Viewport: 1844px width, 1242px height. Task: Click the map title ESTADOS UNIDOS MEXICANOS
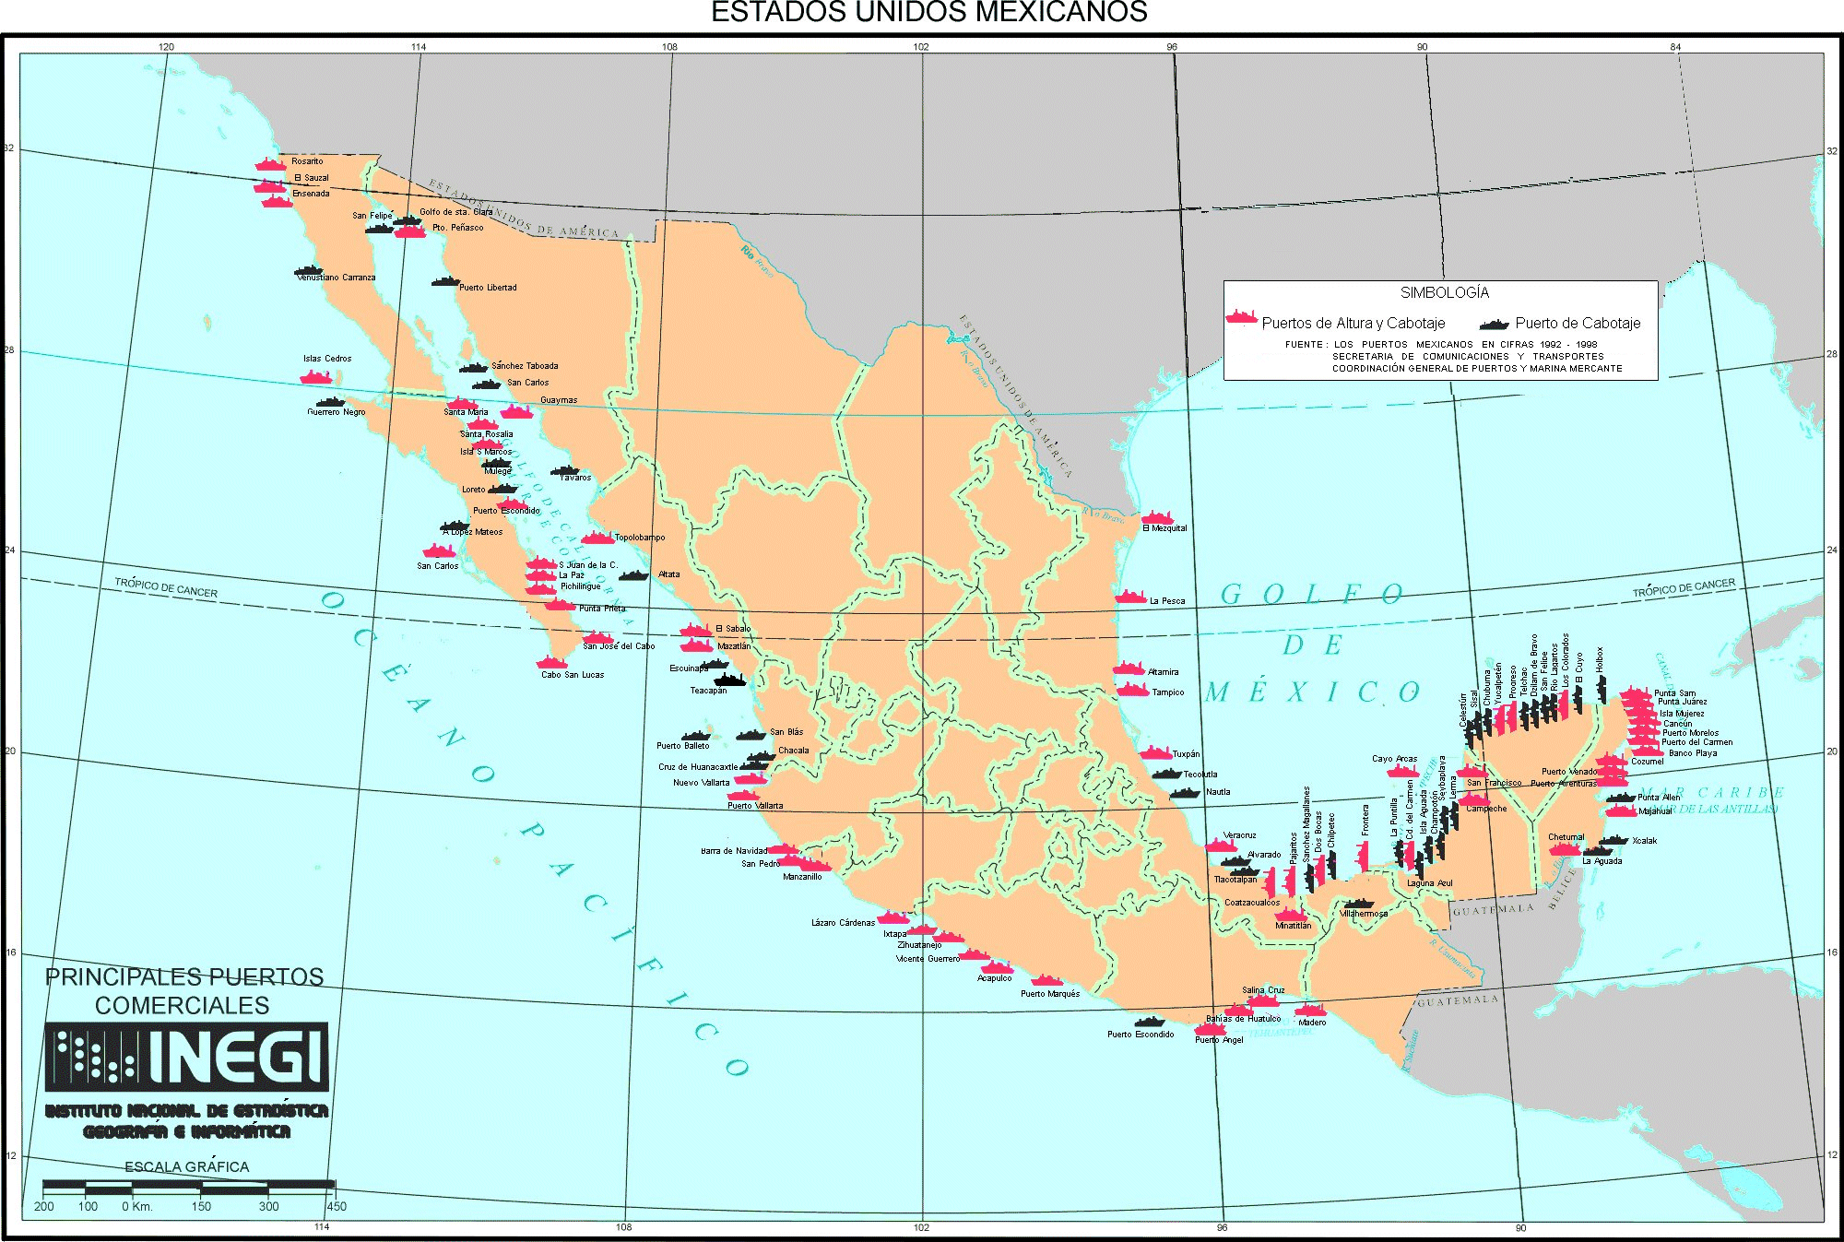click(928, 12)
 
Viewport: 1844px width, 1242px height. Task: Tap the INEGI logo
click(187, 1056)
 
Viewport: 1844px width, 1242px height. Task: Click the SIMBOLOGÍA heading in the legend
click(1444, 292)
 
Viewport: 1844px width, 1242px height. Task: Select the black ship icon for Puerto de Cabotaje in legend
click(1494, 324)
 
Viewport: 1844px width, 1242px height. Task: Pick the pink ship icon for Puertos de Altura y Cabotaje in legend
click(1241, 317)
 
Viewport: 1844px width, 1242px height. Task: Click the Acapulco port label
click(994, 978)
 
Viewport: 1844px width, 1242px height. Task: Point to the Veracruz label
click(1240, 835)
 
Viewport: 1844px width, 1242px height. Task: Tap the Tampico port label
click(1167, 692)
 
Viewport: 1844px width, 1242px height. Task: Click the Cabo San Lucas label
click(572, 675)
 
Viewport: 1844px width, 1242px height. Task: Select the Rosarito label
click(307, 161)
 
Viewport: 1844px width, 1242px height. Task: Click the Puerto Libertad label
click(488, 288)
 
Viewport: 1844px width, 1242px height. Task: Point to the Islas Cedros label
click(327, 359)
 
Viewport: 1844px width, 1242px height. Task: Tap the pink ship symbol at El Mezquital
click(1157, 517)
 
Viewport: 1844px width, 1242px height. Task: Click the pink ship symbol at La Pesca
click(1130, 597)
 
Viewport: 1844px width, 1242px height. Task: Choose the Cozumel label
click(1647, 762)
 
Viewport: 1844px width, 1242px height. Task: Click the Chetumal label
click(1566, 837)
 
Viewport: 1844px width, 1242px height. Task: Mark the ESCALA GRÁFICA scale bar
click(188, 1185)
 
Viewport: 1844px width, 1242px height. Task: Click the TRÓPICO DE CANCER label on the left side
click(166, 587)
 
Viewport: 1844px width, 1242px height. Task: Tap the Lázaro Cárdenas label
click(843, 923)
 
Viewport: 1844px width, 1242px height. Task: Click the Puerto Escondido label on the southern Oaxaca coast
click(1141, 1035)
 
